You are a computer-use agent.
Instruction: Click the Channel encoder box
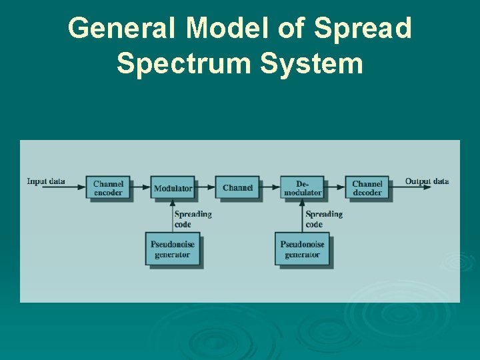tap(107, 188)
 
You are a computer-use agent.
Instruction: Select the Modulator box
tap(173, 188)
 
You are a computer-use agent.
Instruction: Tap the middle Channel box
tap(237, 188)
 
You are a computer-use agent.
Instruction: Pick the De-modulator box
tap(302, 188)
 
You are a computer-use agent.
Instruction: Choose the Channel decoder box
tap(367, 188)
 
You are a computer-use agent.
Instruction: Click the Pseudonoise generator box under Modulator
tap(173, 249)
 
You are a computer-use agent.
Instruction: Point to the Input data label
tap(46, 181)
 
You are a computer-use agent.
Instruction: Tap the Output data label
tap(427, 181)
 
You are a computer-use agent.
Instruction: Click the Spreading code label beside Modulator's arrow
tap(193, 219)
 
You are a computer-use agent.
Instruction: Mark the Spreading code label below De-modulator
tap(323, 219)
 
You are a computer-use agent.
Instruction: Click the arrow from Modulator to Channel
tap(205, 188)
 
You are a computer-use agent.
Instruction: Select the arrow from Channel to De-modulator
tap(269, 188)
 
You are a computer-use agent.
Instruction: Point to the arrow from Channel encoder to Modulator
tap(140, 188)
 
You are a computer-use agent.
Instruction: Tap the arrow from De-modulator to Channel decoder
tap(334, 188)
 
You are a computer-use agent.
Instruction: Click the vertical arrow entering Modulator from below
tap(172, 215)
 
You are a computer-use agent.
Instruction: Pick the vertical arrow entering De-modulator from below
tap(302, 215)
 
